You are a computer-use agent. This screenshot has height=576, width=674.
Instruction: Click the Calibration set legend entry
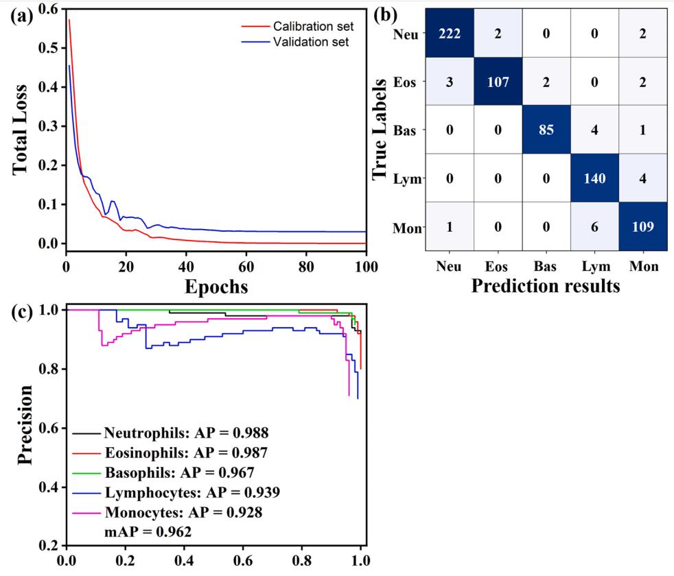click(313, 27)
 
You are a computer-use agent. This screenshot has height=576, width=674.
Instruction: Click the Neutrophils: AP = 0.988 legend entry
click(186, 433)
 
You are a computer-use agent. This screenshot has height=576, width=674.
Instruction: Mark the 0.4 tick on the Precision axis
click(47, 488)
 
